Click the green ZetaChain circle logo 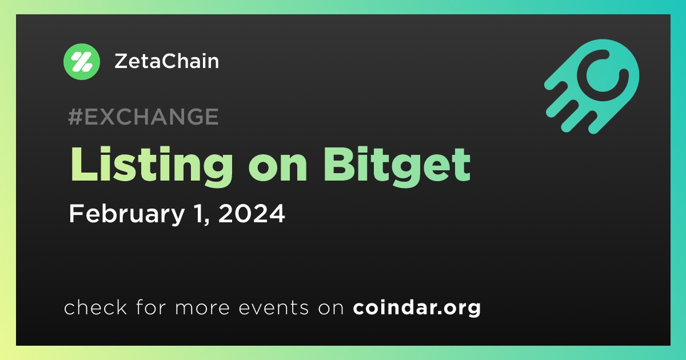(x=81, y=62)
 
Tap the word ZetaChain (x=166, y=61)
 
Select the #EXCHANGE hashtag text (x=143, y=117)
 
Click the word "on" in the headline (x=278, y=170)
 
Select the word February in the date (x=126, y=214)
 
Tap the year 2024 (x=252, y=213)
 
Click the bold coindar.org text (x=417, y=308)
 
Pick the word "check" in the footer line (x=95, y=307)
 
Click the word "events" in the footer (x=273, y=307)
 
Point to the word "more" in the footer (x=202, y=309)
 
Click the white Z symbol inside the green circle (x=81, y=62)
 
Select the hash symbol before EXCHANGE (x=75, y=117)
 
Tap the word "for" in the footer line (x=151, y=307)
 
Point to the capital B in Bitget (x=340, y=165)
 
